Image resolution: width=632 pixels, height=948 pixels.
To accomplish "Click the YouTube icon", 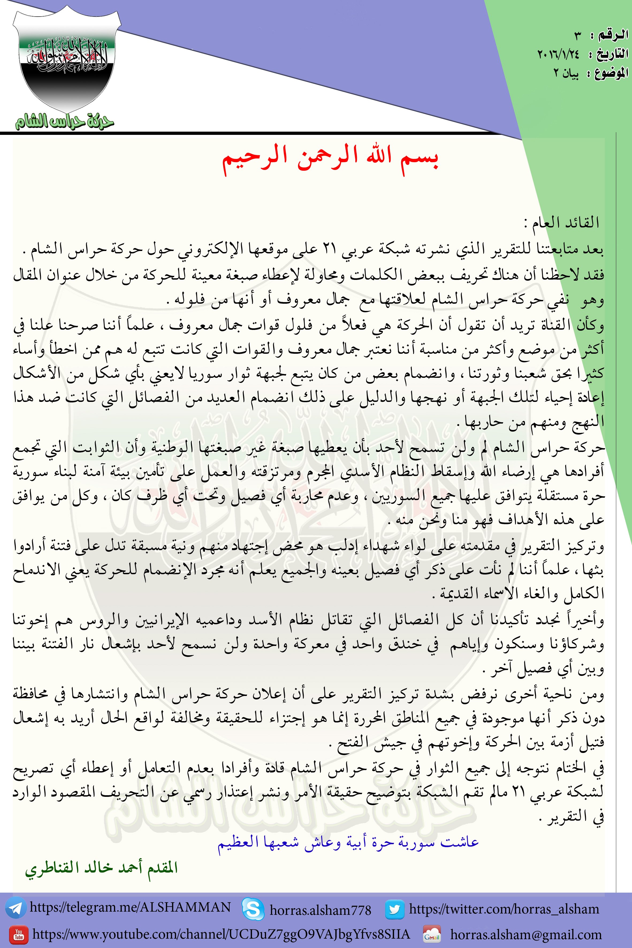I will click(18, 935).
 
